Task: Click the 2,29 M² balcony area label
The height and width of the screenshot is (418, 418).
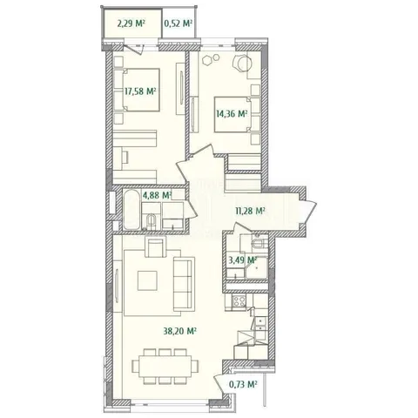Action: [131, 24]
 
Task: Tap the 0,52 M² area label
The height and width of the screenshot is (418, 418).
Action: [179, 24]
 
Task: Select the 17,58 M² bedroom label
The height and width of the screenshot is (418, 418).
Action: [140, 91]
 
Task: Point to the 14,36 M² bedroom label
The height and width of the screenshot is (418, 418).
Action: [232, 113]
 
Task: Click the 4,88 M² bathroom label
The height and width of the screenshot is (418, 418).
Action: [157, 195]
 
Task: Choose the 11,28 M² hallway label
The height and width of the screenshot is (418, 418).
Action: [250, 211]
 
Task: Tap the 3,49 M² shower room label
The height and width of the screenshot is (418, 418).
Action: [243, 260]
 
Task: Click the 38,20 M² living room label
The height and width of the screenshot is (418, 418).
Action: [180, 331]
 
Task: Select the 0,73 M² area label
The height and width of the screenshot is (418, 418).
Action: [243, 385]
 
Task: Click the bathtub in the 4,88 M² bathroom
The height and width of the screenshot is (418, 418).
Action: [131, 210]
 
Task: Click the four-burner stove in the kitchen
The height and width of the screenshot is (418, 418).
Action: [239, 300]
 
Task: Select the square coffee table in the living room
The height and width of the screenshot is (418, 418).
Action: [147, 280]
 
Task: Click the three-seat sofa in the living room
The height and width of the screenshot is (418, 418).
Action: [182, 284]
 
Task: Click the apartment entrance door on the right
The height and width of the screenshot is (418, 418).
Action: [308, 212]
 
